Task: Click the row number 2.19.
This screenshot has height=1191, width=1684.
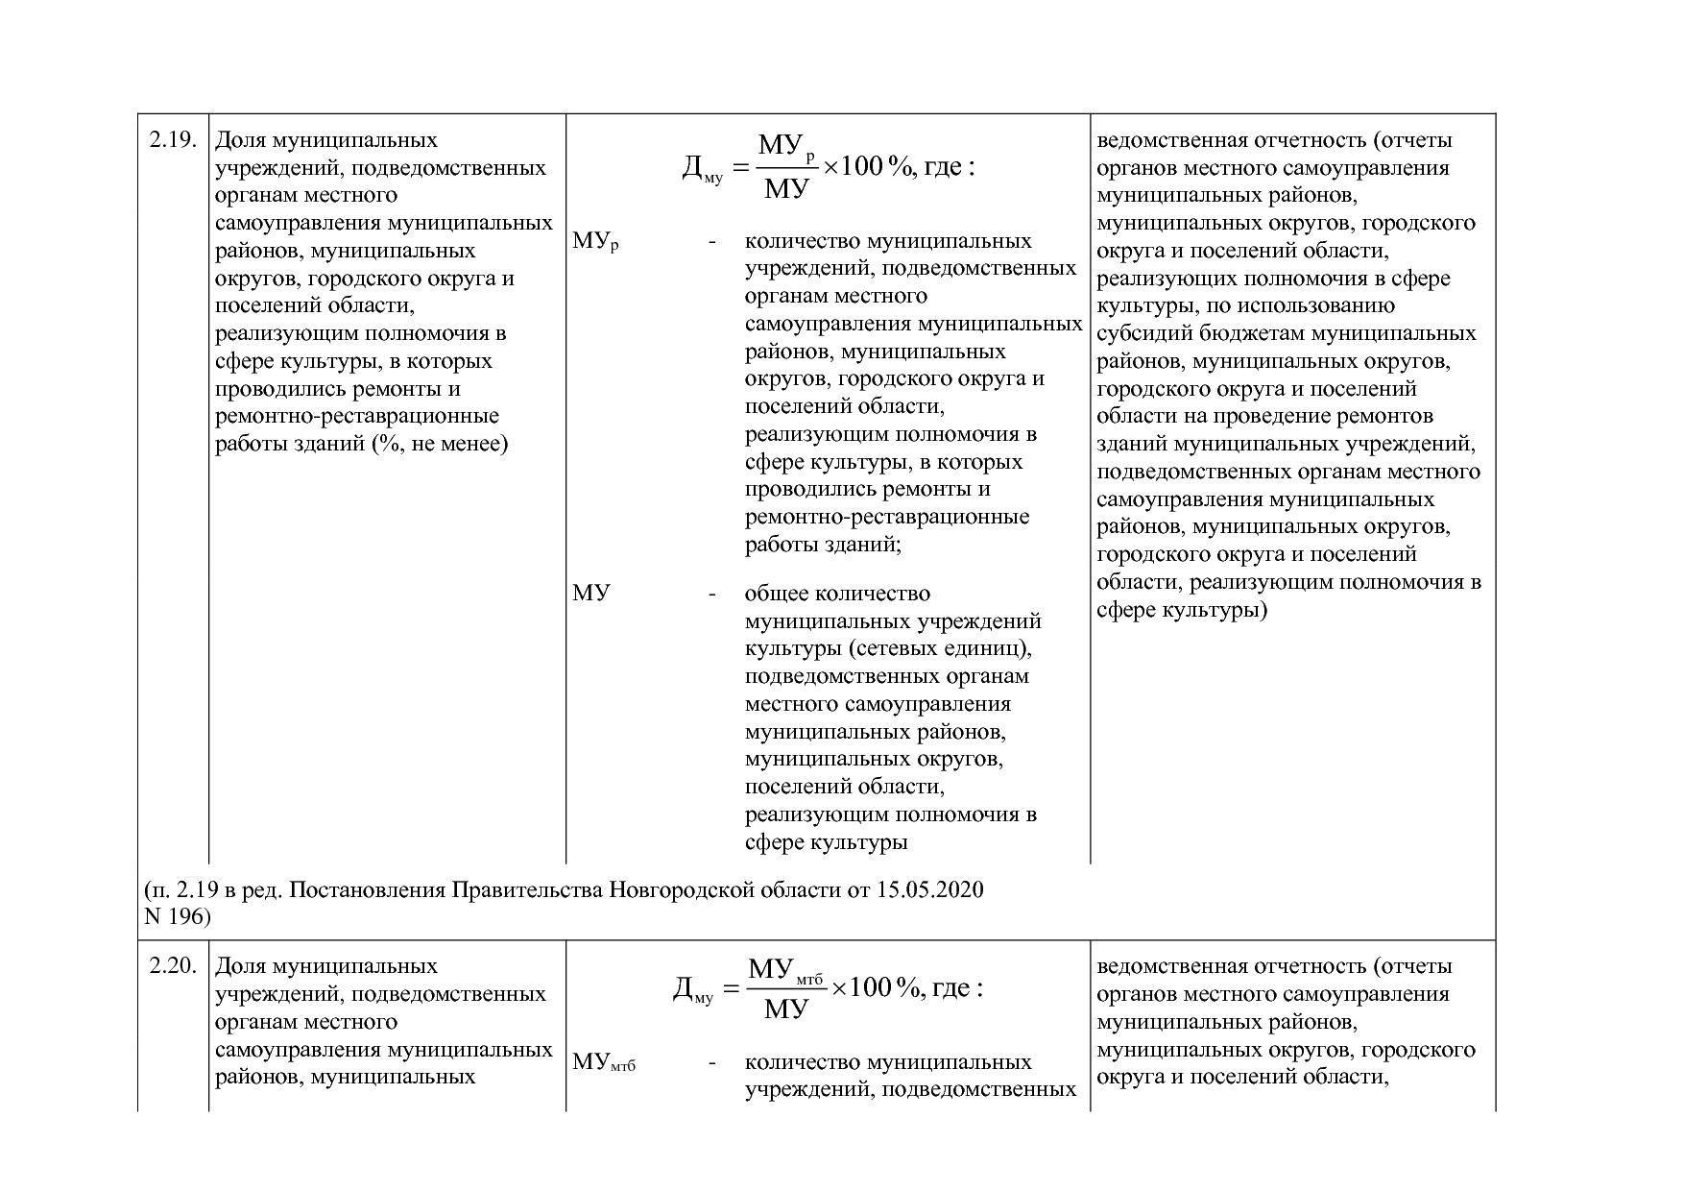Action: pyautogui.click(x=173, y=140)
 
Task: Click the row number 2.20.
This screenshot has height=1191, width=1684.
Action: pyautogui.click(x=173, y=966)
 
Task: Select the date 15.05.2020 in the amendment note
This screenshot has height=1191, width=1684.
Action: pyautogui.click(x=929, y=889)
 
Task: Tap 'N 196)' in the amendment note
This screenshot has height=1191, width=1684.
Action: pyautogui.click(x=177, y=916)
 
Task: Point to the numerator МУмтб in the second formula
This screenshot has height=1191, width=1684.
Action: pyautogui.click(x=786, y=970)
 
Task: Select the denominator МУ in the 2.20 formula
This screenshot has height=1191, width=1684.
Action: pyautogui.click(x=786, y=1009)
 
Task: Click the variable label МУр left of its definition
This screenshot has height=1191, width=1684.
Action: pyautogui.click(x=595, y=242)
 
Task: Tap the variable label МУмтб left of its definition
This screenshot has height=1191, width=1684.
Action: pyautogui.click(x=604, y=1063)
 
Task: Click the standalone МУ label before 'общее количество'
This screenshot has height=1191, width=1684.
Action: pyautogui.click(x=590, y=594)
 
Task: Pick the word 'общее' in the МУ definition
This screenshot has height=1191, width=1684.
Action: pyautogui.click(x=775, y=594)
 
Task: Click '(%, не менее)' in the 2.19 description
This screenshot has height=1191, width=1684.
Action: pyautogui.click(x=440, y=444)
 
